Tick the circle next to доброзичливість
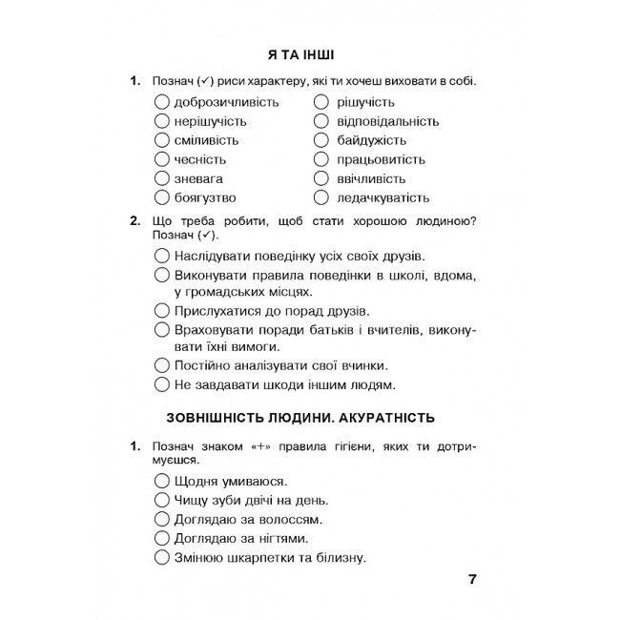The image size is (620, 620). pyautogui.click(x=161, y=102)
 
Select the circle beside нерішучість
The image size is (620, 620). pyautogui.click(x=161, y=121)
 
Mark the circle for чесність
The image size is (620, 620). pyautogui.click(x=161, y=159)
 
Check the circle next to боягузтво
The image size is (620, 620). pyautogui.click(x=161, y=197)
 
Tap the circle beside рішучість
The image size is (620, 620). pyautogui.click(x=321, y=102)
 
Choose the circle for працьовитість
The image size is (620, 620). pyautogui.click(x=321, y=159)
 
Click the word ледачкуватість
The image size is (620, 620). pyautogui.click(x=383, y=197)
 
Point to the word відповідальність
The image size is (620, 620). pyautogui.click(x=388, y=121)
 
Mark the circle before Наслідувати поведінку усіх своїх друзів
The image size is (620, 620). pyautogui.click(x=161, y=256)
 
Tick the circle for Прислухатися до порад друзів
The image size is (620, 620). pyautogui.click(x=161, y=310)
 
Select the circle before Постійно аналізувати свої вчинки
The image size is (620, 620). pyautogui.click(x=161, y=364)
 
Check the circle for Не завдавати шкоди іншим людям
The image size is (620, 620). pyautogui.click(x=161, y=384)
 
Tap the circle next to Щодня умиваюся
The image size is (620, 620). pyautogui.click(x=161, y=481)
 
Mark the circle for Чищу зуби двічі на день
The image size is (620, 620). pyautogui.click(x=161, y=500)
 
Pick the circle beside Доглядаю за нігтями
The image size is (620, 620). pyautogui.click(x=161, y=539)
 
